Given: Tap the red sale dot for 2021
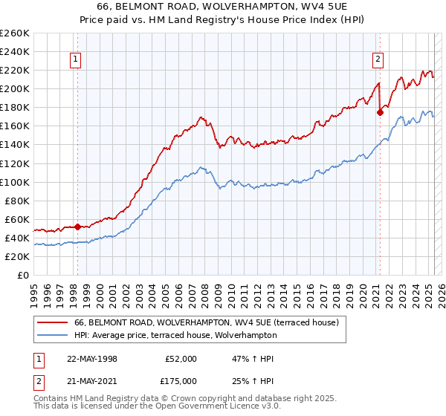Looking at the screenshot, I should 380,112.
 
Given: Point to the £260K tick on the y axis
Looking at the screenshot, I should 15,33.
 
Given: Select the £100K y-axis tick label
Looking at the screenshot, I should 15,182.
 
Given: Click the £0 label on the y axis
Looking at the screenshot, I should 22,275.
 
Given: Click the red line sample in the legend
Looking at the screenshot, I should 52,322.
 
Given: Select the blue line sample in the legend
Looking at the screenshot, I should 52,335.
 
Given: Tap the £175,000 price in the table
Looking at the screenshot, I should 181,381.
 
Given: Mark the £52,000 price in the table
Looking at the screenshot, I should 181,359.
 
